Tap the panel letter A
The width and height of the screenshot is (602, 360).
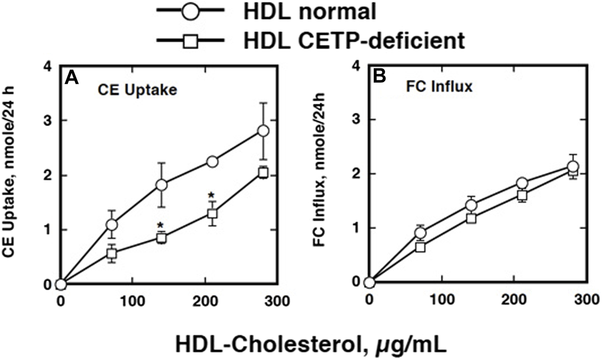[x=72, y=77]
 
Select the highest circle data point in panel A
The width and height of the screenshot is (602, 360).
[x=263, y=131]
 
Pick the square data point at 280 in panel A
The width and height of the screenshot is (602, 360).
[x=263, y=173]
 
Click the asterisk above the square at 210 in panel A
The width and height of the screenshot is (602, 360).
[x=211, y=195]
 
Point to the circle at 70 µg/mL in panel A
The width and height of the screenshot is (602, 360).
[x=112, y=225]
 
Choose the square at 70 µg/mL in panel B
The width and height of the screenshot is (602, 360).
[x=420, y=247]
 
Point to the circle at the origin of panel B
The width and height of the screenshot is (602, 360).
[x=369, y=282]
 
